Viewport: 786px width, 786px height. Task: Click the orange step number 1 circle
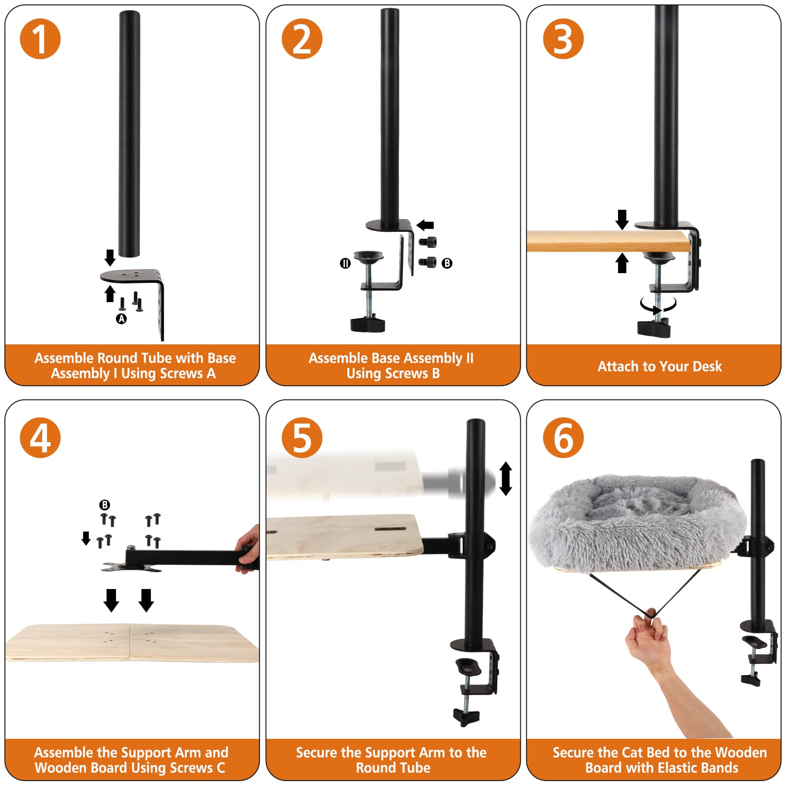40,39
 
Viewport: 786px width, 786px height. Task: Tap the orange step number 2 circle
302,39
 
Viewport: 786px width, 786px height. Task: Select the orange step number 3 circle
563,39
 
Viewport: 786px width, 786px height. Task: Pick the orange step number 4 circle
40,438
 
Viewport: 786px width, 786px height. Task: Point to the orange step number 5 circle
302,438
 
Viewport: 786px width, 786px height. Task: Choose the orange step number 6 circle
563,438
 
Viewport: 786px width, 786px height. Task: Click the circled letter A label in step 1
121,319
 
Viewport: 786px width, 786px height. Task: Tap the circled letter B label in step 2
447,263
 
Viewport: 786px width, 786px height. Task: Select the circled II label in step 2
345,263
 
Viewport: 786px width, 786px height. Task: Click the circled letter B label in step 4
105,505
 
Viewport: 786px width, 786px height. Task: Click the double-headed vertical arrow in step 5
505,478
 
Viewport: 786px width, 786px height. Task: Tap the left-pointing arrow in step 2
425,225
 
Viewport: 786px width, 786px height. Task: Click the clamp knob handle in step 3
654,328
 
